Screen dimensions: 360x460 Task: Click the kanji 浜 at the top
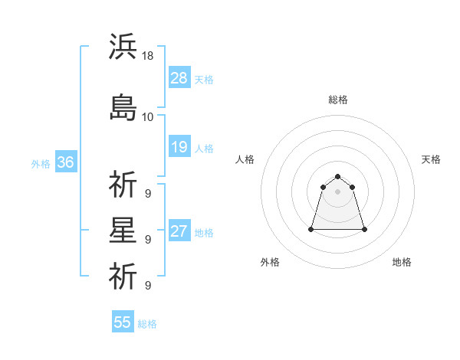click(123, 47)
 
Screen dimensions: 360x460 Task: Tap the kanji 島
click(123, 108)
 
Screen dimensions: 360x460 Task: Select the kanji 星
click(123, 231)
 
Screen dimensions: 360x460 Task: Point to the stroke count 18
click(149, 55)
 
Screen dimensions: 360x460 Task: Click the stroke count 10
click(148, 116)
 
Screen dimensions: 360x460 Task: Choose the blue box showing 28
click(179, 78)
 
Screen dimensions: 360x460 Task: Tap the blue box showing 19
click(179, 147)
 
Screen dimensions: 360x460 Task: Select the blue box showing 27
click(179, 231)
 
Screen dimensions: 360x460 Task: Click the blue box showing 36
click(65, 162)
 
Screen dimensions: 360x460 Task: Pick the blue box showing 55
click(123, 322)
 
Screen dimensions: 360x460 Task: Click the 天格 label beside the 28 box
click(204, 79)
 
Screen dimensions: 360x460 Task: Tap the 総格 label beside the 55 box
click(147, 323)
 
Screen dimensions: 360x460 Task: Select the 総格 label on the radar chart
click(338, 100)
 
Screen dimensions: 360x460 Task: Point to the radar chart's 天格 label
click(432, 159)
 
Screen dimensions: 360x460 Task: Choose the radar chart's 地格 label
click(402, 262)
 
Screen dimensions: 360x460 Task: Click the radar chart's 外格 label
click(270, 262)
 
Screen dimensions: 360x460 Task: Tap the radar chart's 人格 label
click(245, 159)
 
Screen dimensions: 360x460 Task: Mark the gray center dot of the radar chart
click(338, 191)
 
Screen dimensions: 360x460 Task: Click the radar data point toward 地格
click(364, 229)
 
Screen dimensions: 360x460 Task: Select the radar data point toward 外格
click(312, 229)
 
